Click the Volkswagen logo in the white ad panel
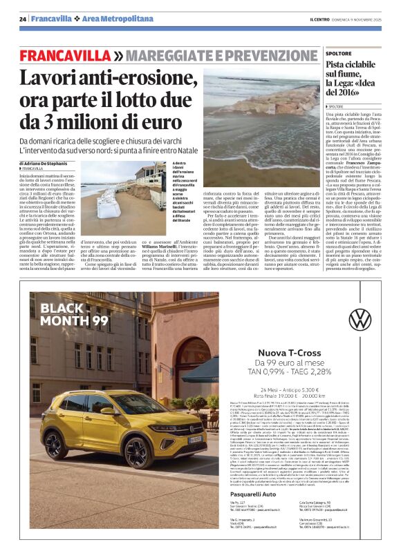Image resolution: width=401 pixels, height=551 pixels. [x=359, y=319]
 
